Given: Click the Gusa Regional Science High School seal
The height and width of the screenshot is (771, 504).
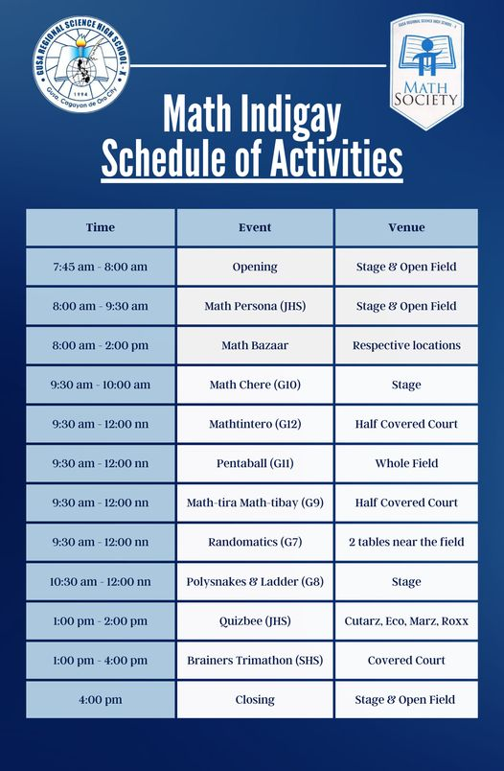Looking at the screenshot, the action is pyautogui.click(x=81, y=63).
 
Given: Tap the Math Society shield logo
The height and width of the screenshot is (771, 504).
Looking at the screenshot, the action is pyautogui.click(x=426, y=71).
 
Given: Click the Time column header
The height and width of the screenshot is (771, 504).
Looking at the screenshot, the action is pyautogui.click(x=101, y=227).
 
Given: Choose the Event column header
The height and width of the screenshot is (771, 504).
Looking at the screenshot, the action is pyautogui.click(x=255, y=227).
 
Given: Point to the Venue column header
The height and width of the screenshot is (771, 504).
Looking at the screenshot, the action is pyautogui.click(x=406, y=227).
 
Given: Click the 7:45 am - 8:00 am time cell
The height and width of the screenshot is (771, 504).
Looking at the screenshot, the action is pyautogui.click(x=101, y=267).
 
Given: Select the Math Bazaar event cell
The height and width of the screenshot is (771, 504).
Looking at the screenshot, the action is pyautogui.click(x=255, y=345).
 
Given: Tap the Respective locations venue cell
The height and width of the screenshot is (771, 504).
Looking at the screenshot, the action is pyautogui.click(x=406, y=345).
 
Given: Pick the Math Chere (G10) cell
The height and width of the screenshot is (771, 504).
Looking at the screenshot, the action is pyautogui.click(x=255, y=385).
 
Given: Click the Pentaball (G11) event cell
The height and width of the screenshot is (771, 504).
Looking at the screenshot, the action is pyautogui.click(x=255, y=463).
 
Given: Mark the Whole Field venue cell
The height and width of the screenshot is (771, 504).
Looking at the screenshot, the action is pyautogui.click(x=406, y=463).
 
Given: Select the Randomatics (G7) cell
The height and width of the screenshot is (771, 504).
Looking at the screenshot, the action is pyautogui.click(x=255, y=542).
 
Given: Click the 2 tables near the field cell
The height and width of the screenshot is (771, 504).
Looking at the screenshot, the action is pyautogui.click(x=406, y=542).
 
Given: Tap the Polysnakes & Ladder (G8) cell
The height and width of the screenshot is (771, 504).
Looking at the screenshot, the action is pyautogui.click(x=255, y=582).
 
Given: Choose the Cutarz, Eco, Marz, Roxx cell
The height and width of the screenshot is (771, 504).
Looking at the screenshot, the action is pyautogui.click(x=406, y=621).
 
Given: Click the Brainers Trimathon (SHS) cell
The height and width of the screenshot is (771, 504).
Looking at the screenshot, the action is pyautogui.click(x=255, y=661).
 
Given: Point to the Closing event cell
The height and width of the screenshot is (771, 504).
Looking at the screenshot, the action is pyautogui.click(x=255, y=700).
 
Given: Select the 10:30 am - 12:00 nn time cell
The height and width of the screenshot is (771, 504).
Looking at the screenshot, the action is pyautogui.click(x=101, y=582).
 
